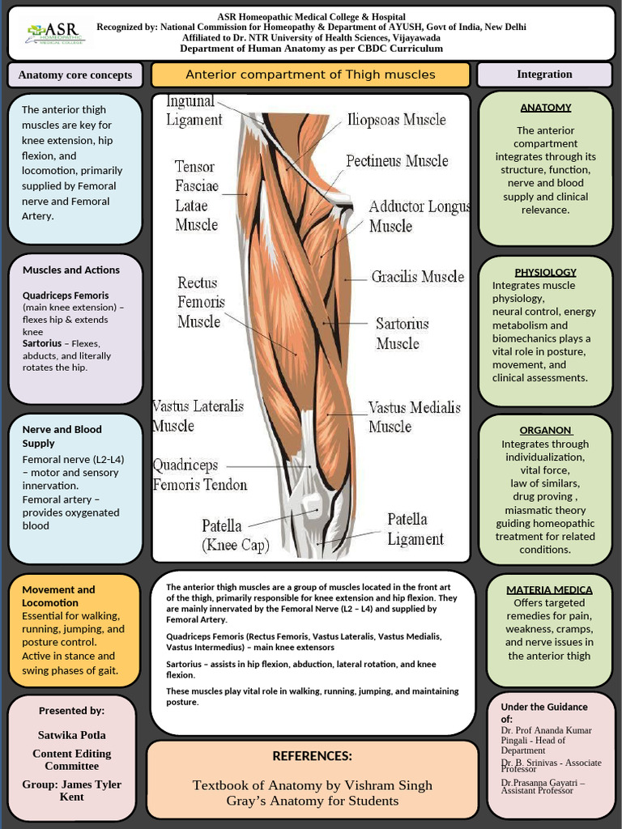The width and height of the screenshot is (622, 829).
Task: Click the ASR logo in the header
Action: coord(56,32)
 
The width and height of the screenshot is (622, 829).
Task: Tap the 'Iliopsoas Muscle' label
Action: coord(396,120)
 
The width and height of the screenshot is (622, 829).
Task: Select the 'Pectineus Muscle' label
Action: coord(397,160)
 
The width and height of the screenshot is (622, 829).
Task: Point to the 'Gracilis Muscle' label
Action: coord(417,277)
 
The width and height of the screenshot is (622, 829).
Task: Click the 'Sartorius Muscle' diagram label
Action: coord(402,333)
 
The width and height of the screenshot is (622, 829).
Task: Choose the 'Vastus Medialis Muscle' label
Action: coord(414,416)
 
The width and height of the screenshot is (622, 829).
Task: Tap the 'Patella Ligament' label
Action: coord(415,529)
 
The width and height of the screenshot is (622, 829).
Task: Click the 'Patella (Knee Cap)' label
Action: coord(235,536)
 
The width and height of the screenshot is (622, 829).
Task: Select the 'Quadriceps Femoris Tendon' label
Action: coord(199,475)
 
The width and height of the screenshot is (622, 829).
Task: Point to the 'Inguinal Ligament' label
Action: coord(194,110)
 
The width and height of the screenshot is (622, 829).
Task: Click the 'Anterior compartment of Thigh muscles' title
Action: coord(310,74)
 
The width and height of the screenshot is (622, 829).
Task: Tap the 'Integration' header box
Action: coord(544,74)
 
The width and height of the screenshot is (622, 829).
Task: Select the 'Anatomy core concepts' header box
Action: coord(75,75)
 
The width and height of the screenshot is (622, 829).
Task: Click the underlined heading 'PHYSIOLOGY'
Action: coord(545,272)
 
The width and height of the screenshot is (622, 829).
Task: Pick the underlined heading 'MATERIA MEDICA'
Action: coord(549,589)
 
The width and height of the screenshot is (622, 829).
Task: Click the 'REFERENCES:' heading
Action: coord(312,756)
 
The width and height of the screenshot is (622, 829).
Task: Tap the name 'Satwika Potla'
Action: coord(72,735)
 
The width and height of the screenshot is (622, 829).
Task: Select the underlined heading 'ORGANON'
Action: coord(545,430)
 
